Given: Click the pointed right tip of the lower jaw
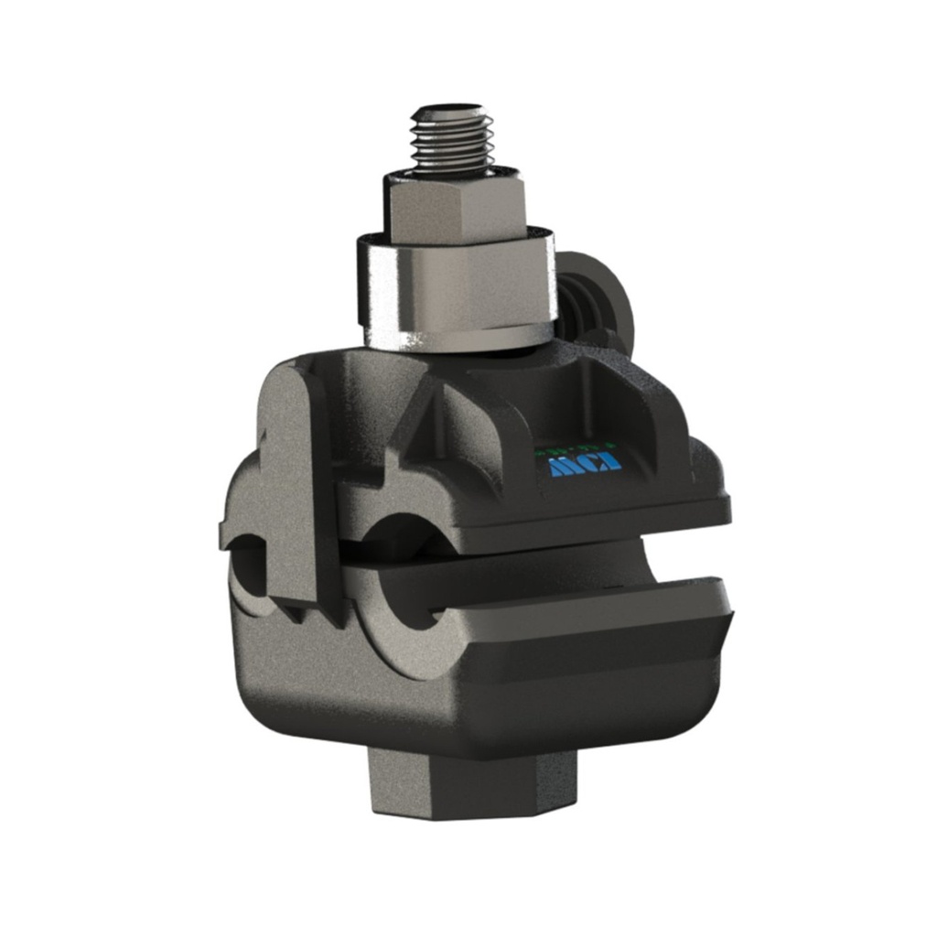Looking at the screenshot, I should pyautogui.click(x=728, y=609).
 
